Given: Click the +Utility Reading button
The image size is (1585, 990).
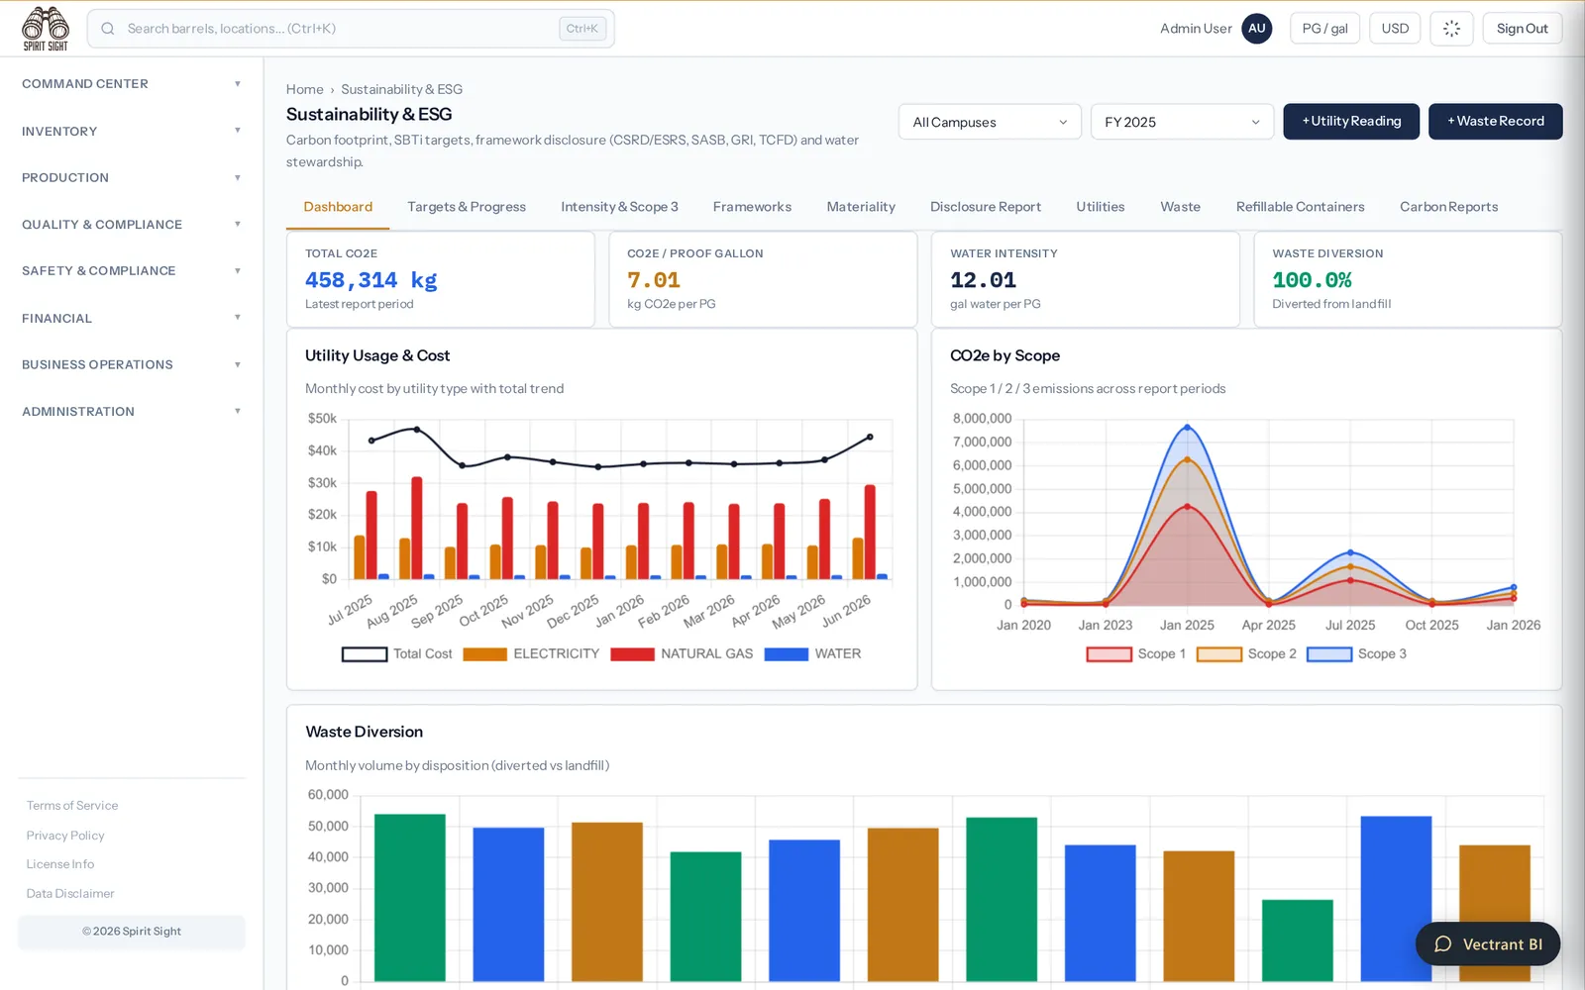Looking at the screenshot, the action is pyautogui.click(x=1351, y=121).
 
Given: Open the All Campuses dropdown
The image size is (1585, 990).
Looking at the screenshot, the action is pyautogui.click(x=990, y=122).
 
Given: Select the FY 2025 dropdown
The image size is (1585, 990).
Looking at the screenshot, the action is pyautogui.click(x=1182, y=122).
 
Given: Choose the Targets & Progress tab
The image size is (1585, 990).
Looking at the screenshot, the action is pyautogui.click(x=467, y=207).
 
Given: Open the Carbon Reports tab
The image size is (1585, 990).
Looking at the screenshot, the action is pyautogui.click(x=1448, y=207).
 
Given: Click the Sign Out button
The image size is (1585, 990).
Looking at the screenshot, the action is pyautogui.click(x=1522, y=29).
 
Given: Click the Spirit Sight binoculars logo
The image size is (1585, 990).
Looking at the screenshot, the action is pyautogui.click(x=46, y=29).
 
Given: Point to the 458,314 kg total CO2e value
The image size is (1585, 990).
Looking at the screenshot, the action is pyautogui.click(x=370, y=280).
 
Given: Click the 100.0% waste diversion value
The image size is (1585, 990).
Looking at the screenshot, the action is pyautogui.click(x=1312, y=280).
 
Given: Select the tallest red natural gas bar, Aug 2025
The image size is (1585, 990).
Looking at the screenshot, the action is pyautogui.click(x=417, y=528).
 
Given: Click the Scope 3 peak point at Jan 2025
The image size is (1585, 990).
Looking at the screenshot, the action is pyautogui.click(x=1187, y=427).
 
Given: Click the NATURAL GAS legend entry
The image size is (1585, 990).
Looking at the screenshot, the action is pyautogui.click(x=682, y=654).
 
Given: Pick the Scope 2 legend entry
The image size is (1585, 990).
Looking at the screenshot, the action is pyautogui.click(x=1246, y=654).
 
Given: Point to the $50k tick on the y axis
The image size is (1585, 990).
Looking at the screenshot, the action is pyautogui.click(x=322, y=419).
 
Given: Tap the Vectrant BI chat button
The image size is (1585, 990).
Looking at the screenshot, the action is pyautogui.click(x=1487, y=944).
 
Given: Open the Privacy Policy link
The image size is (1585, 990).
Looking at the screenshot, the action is pyautogui.click(x=65, y=836).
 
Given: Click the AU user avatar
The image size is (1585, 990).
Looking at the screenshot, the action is pyautogui.click(x=1256, y=29).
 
